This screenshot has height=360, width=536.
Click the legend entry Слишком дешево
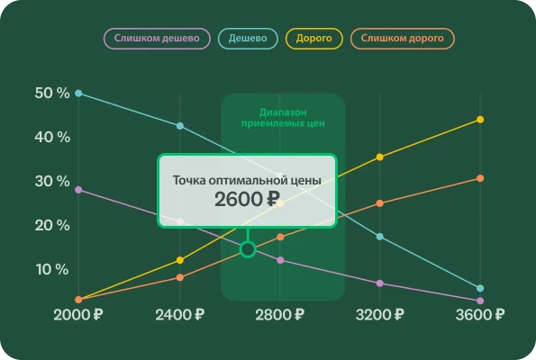point(158,39)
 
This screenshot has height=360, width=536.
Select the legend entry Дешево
point(248,39)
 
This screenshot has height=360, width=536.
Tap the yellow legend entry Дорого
point(314,39)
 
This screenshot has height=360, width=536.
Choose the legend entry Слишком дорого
point(403,39)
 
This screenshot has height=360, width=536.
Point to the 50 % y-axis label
point(51,94)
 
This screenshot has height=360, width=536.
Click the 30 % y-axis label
point(51,182)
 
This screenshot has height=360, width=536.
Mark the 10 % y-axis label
point(51,270)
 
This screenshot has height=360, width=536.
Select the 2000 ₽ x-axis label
point(78,315)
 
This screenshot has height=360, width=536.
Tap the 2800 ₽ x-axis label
point(279,315)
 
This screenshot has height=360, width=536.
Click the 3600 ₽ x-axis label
point(480,315)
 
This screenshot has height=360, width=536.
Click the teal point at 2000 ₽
point(78,94)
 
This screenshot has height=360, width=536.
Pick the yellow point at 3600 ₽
point(480,120)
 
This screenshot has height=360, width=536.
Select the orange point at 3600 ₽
point(480,178)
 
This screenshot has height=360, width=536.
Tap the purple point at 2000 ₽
point(78,190)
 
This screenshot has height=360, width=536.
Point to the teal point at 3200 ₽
point(380,237)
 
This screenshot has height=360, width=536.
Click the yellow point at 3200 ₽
point(380,157)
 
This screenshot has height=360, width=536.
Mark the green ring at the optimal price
point(248,248)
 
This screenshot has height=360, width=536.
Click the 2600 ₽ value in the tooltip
point(247,200)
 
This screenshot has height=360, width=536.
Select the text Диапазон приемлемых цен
point(284,118)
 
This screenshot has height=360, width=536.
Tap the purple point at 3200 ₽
point(380,283)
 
